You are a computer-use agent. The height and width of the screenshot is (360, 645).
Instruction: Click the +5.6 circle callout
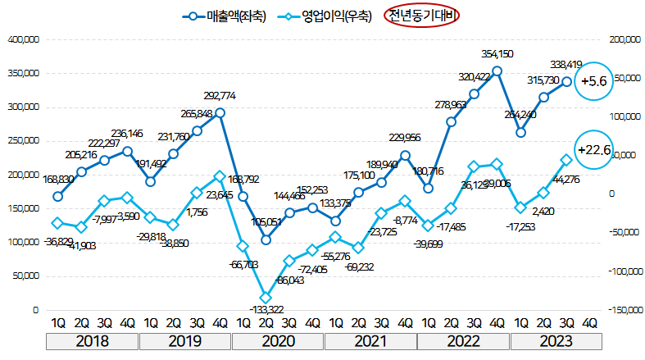592,81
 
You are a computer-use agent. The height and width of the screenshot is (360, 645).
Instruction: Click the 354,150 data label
497,54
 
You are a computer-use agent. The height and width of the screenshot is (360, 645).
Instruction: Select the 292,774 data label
220,96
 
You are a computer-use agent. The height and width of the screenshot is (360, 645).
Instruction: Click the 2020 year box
278,340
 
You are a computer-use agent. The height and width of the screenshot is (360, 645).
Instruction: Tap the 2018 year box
92,340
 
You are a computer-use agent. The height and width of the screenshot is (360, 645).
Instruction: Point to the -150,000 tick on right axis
624,311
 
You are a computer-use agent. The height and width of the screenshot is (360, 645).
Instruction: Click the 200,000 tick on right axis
622,39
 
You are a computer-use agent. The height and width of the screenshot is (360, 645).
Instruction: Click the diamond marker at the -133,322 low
266,298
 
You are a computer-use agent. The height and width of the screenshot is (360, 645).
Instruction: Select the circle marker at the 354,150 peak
497,71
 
